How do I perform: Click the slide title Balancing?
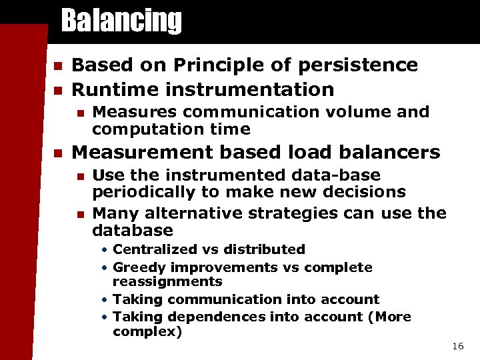click(121, 21)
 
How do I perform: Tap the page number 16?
click(457, 346)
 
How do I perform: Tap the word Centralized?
click(151, 249)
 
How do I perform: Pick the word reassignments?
click(167, 282)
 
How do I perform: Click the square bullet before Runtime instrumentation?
click(57, 90)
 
